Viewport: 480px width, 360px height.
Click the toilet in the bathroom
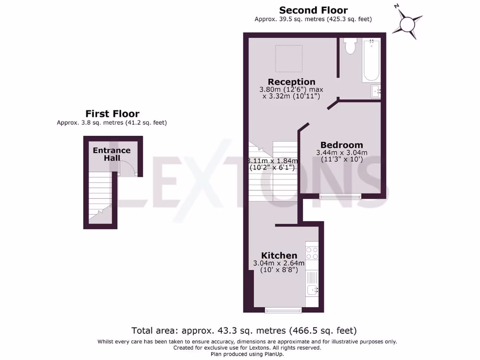350,46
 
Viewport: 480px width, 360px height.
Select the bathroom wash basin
376,91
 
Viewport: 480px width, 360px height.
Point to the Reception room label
291,82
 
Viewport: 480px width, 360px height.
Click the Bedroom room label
342,145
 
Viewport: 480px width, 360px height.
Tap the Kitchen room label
279,255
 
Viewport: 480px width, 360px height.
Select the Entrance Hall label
112,154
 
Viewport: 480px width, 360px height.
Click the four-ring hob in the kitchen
312,253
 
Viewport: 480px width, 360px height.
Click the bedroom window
340,196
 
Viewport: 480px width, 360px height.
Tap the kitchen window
283,310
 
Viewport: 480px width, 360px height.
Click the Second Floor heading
314,10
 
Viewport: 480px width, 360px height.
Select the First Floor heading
112,113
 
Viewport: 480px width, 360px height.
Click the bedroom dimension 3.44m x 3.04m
342,153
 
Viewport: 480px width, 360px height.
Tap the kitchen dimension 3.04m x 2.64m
279,263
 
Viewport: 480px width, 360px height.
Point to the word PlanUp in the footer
272,354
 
